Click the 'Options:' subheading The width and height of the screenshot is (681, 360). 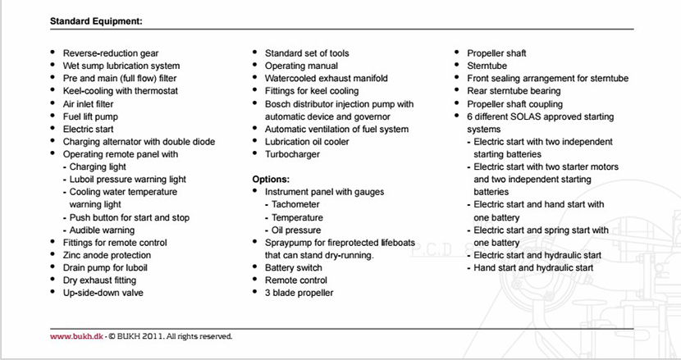tap(272, 179)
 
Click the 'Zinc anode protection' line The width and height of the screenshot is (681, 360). tap(107, 255)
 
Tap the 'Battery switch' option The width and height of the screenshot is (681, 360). tap(293, 267)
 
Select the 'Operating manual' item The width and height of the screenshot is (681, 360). tap(300, 66)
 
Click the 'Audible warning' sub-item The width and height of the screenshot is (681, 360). tap(102, 230)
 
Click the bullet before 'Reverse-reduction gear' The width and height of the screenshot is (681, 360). tap(53, 53)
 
